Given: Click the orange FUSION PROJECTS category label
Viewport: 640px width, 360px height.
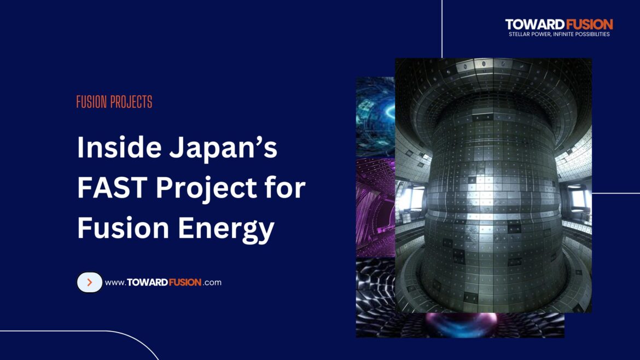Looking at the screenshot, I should (114, 102).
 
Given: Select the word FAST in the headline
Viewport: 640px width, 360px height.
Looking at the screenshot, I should (111, 189).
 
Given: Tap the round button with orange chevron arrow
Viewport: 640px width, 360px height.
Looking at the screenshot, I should (90, 282).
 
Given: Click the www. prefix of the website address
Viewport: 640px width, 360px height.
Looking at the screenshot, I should (115, 283).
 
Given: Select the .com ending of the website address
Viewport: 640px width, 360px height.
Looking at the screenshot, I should (212, 283).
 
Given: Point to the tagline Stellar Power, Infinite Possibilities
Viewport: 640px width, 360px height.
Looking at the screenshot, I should (559, 34).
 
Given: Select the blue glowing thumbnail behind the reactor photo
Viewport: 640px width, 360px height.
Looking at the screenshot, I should (375, 115).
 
